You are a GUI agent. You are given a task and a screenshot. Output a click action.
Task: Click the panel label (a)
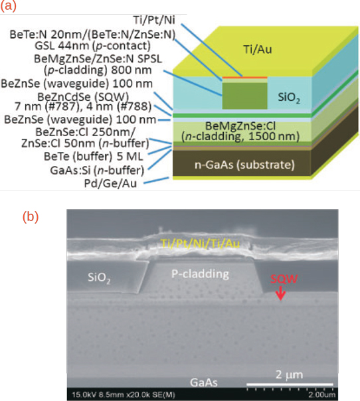pyautogui.click(x=8, y=5)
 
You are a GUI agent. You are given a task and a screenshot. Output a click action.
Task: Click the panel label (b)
pyautogui.click(x=31, y=216)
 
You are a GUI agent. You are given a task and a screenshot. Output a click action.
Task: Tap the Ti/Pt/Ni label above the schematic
pyautogui.click(x=154, y=20)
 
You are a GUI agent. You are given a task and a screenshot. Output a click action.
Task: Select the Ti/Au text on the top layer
pyautogui.click(x=258, y=49)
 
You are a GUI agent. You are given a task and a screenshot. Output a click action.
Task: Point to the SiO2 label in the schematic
pyautogui.click(x=289, y=98)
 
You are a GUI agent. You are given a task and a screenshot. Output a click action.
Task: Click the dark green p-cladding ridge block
pyautogui.click(x=244, y=96)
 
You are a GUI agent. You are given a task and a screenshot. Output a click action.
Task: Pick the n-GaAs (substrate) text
pyautogui.click(x=244, y=165)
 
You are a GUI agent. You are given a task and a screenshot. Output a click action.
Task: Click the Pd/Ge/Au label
pyautogui.click(x=110, y=183)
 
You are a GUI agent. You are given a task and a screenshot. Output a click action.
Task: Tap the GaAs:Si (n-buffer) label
pyautogui.click(x=97, y=171)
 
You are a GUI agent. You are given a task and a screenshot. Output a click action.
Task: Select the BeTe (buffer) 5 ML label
pyautogui.click(x=93, y=157)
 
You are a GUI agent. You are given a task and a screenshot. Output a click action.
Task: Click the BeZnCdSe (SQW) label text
pyautogui.click(x=83, y=97)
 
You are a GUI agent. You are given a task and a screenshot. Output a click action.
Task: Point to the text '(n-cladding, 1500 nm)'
pyautogui.click(x=240, y=137)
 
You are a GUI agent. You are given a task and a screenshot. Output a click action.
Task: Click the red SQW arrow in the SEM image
pyautogui.click(x=281, y=293)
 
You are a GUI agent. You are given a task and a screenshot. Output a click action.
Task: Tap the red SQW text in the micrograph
pyautogui.click(x=284, y=279)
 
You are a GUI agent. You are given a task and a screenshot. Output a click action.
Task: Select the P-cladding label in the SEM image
pyautogui.click(x=200, y=274)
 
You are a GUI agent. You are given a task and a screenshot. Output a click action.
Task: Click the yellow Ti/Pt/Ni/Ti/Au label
pyautogui.click(x=201, y=244)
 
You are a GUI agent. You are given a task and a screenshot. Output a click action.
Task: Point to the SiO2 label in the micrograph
pyautogui.click(x=99, y=278)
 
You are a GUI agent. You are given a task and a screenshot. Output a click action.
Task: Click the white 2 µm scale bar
pyautogui.click(x=290, y=384)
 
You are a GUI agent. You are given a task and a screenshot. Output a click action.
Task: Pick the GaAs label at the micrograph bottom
pyautogui.click(x=204, y=382)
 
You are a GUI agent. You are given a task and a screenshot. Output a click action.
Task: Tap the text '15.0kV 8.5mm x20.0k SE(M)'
pyautogui.click(x=124, y=394)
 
